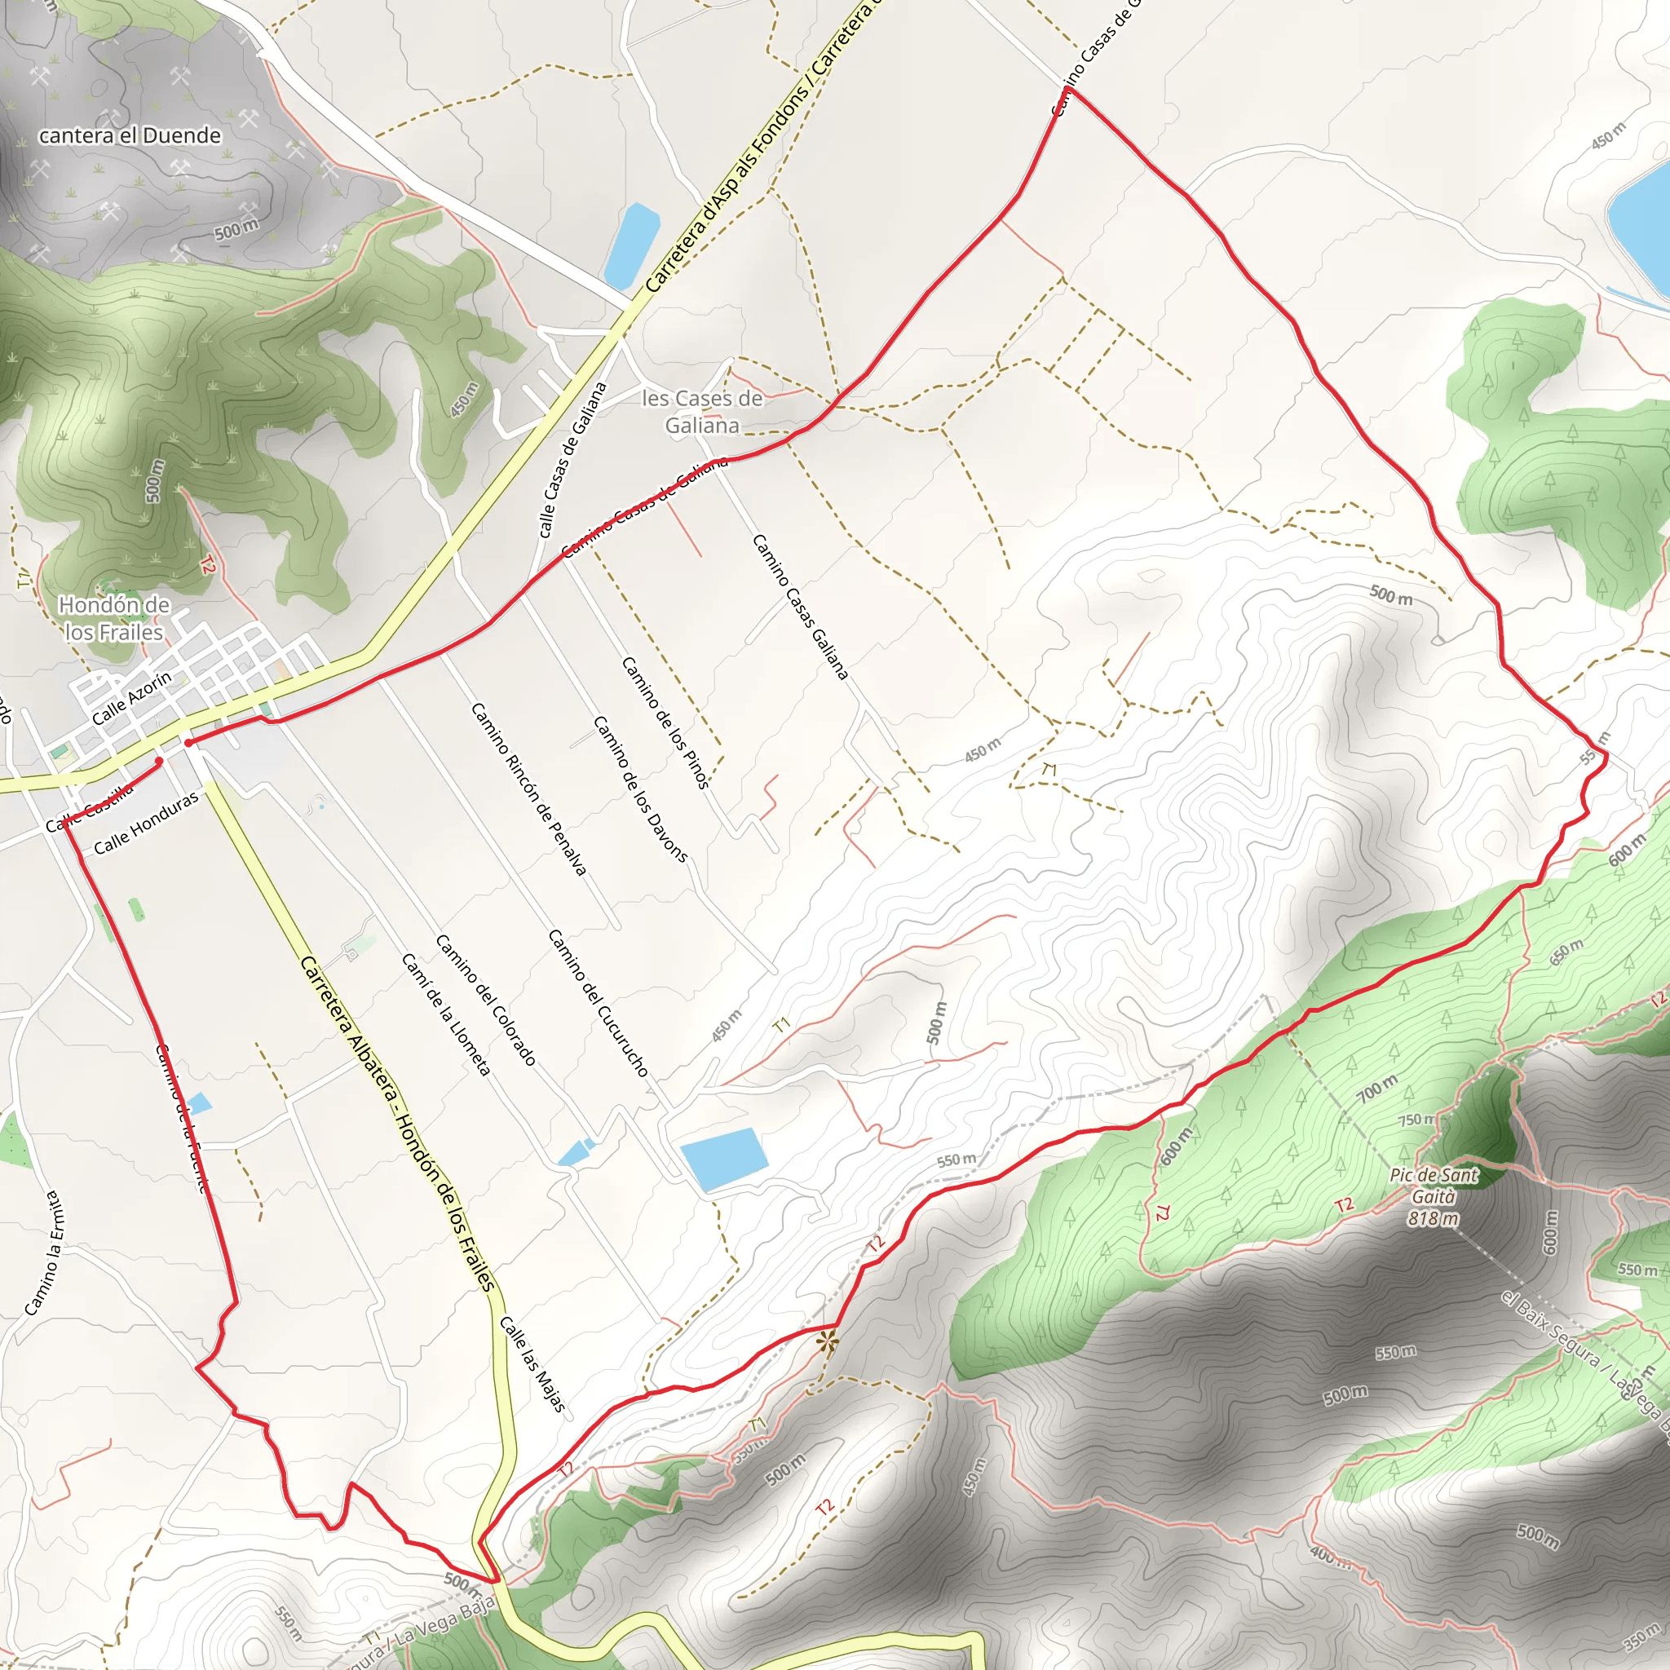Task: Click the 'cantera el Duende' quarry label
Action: [x=130, y=135]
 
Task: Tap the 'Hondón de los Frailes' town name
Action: [x=114, y=619]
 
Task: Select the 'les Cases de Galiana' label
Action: [x=702, y=412]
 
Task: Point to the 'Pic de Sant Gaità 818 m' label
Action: [x=1434, y=1197]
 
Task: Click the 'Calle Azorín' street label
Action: [x=131, y=699]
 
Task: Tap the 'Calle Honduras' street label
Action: [x=146, y=822]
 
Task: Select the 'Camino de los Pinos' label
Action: [x=665, y=722]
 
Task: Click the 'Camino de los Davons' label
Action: [x=640, y=789]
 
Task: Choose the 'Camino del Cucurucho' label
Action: [x=599, y=1003]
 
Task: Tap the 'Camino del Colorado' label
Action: [x=486, y=999]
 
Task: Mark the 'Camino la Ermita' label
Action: [x=43, y=1253]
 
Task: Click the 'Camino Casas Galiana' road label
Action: [x=801, y=607]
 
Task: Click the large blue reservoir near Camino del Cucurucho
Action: [x=723, y=1160]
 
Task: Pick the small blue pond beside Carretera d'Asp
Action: [x=632, y=245]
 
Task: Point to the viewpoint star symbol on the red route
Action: [x=827, y=1341]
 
